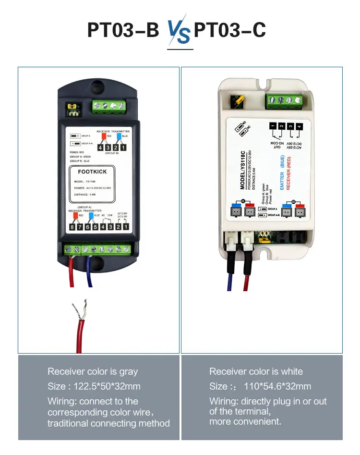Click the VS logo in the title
tap(180, 33)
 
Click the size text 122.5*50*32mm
tap(94, 386)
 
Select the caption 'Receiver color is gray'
tap(93, 371)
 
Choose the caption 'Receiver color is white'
tap(256, 371)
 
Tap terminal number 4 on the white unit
tap(299, 127)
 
